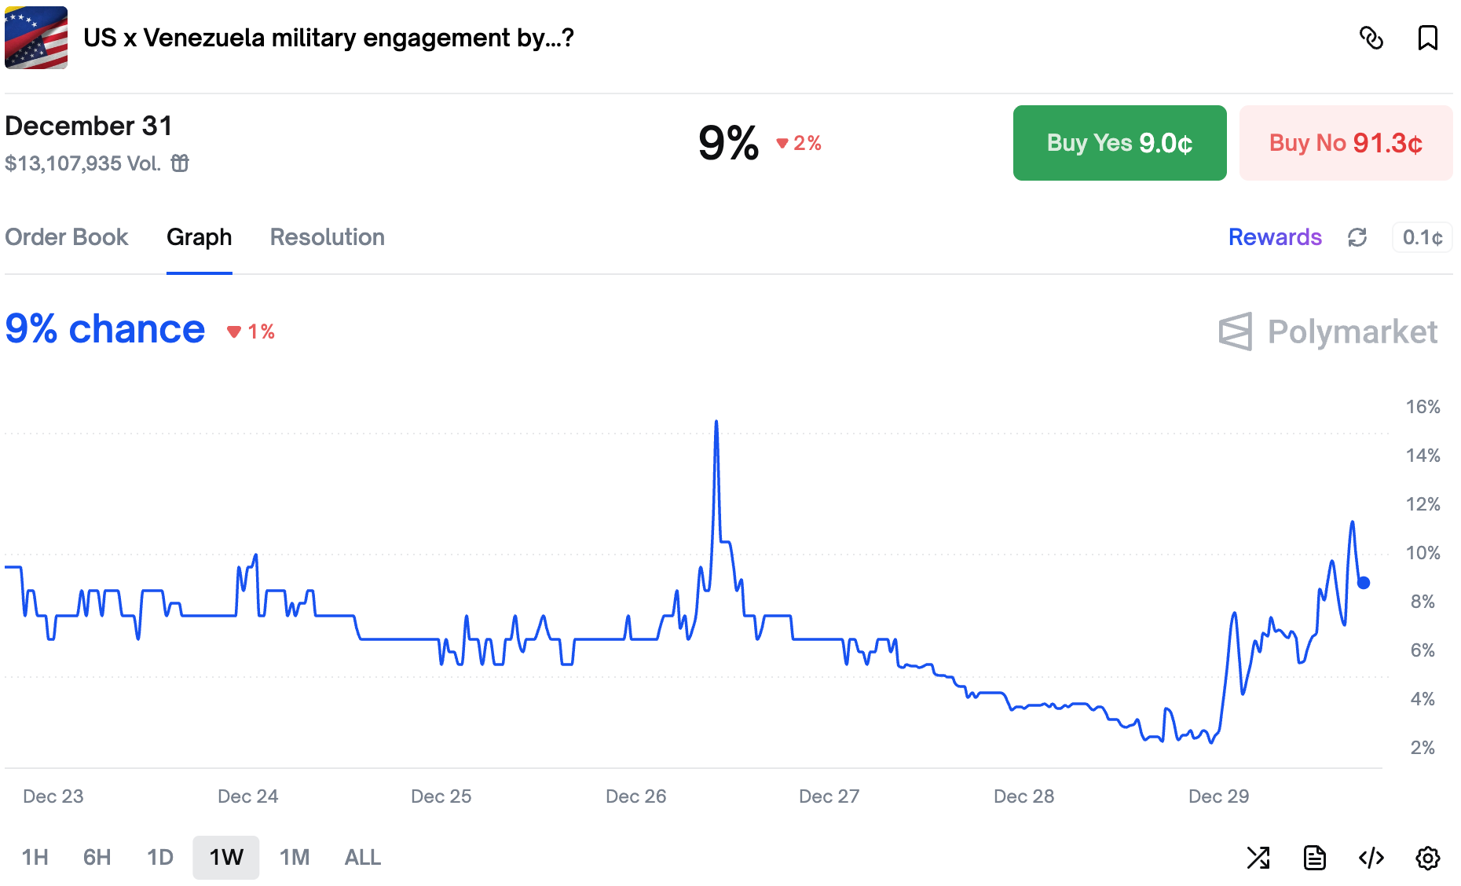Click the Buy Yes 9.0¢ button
tap(1119, 143)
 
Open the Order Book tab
tap(67, 237)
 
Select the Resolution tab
tap(327, 237)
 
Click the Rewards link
tap(1275, 237)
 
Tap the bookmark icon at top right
tap(1427, 38)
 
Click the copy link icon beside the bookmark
tap(1371, 38)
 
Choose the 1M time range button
tap(295, 857)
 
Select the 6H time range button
tap(97, 857)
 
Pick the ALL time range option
tap(362, 857)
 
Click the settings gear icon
tap(1427, 858)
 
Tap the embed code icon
tap(1371, 858)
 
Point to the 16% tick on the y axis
tap(1423, 407)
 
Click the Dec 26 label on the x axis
tap(635, 796)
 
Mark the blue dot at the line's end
tap(1364, 583)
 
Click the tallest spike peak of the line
tap(716, 423)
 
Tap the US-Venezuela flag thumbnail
tap(36, 38)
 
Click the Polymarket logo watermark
tap(1327, 331)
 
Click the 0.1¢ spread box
tap(1422, 237)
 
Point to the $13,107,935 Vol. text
tap(82, 163)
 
